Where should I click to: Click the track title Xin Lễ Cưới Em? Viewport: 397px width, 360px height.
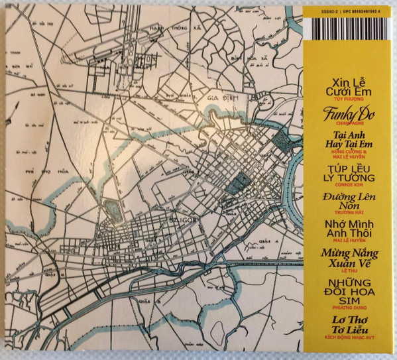[x=343, y=86]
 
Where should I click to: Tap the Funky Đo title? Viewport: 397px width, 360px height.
[x=343, y=114]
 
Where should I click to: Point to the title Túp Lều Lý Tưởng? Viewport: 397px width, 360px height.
[x=343, y=172]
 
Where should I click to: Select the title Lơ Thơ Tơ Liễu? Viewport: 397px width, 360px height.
[x=343, y=326]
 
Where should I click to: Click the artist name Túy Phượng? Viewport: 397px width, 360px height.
[x=343, y=97]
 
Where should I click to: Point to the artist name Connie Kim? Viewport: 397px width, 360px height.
[x=343, y=185]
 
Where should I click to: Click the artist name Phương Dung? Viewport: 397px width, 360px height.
[x=343, y=308]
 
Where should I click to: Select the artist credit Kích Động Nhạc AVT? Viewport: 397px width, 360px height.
[x=343, y=338]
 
